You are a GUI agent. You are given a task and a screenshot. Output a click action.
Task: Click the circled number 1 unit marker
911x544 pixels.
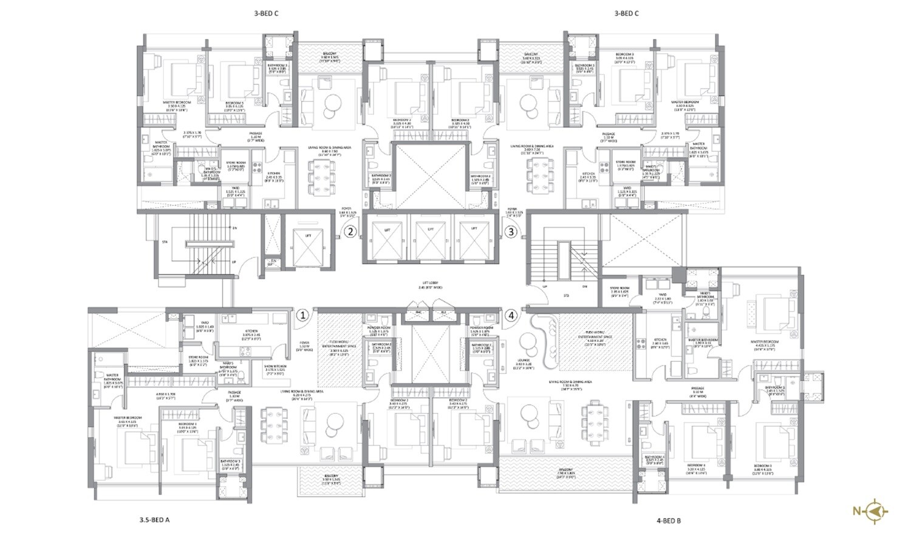tap(302, 315)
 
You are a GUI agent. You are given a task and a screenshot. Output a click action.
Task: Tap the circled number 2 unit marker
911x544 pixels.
tap(350, 231)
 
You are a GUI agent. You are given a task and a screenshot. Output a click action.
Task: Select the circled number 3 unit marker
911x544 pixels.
tap(511, 231)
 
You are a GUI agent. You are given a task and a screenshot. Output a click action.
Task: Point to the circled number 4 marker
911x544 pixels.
tap(511, 315)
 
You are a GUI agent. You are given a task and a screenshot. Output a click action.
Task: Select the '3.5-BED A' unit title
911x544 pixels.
tap(154, 520)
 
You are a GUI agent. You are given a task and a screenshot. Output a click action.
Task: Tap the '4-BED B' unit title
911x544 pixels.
tap(669, 520)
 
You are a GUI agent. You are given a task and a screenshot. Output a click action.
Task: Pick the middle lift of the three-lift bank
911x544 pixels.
tap(431, 239)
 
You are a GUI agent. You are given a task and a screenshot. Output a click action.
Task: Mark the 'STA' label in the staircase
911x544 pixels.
tap(164, 242)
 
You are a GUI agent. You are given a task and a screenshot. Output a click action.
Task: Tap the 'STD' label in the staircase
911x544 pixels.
tap(565, 296)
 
